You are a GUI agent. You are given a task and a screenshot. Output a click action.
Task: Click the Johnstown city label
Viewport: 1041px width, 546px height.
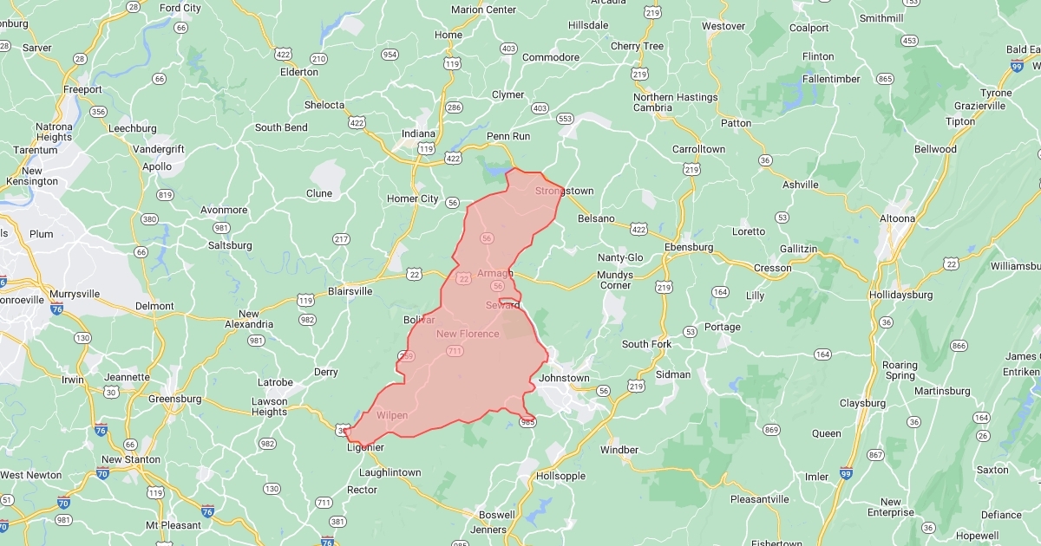click(x=564, y=378)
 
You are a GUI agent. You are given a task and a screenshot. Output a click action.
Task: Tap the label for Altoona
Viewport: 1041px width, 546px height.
click(x=897, y=218)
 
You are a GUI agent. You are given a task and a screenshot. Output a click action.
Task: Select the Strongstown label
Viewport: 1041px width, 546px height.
click(x=564, y=191)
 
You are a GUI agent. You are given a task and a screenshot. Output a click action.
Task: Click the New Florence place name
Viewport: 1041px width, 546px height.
click(x=468, y=334)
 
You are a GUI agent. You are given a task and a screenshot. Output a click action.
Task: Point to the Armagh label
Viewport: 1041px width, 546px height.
click(x=495, y=273)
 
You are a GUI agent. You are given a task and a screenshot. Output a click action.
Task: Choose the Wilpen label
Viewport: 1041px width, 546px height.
click(x=392, y=415)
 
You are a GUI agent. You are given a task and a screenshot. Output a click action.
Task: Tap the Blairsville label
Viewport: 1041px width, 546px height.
click(x=350, y=291)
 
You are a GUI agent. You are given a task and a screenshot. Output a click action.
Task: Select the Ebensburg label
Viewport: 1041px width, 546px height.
click(x=688, y=247)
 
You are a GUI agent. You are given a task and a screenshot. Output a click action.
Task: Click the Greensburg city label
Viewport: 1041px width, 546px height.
click(x=175, y=399)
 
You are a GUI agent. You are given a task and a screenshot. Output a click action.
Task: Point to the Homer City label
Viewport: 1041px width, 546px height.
click(x=412, y=198)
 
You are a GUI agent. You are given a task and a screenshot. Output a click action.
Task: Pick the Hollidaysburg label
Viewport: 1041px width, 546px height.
click(x=901, y=295)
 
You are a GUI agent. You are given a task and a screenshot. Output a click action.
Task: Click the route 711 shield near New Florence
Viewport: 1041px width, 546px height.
click(x=455, y=351)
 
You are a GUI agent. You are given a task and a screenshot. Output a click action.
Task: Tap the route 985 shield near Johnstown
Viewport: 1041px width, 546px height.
click(x=527, y=422)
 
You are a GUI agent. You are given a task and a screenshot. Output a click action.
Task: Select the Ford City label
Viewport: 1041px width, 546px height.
click(x=180, y=8)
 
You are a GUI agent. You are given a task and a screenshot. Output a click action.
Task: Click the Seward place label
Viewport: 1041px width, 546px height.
click(x=502, y=305)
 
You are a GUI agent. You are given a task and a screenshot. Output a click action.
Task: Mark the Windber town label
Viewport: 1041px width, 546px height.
click(x=619, y=450)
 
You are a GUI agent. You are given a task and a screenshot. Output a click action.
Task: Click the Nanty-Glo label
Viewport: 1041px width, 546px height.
click(x=620, y=257)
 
